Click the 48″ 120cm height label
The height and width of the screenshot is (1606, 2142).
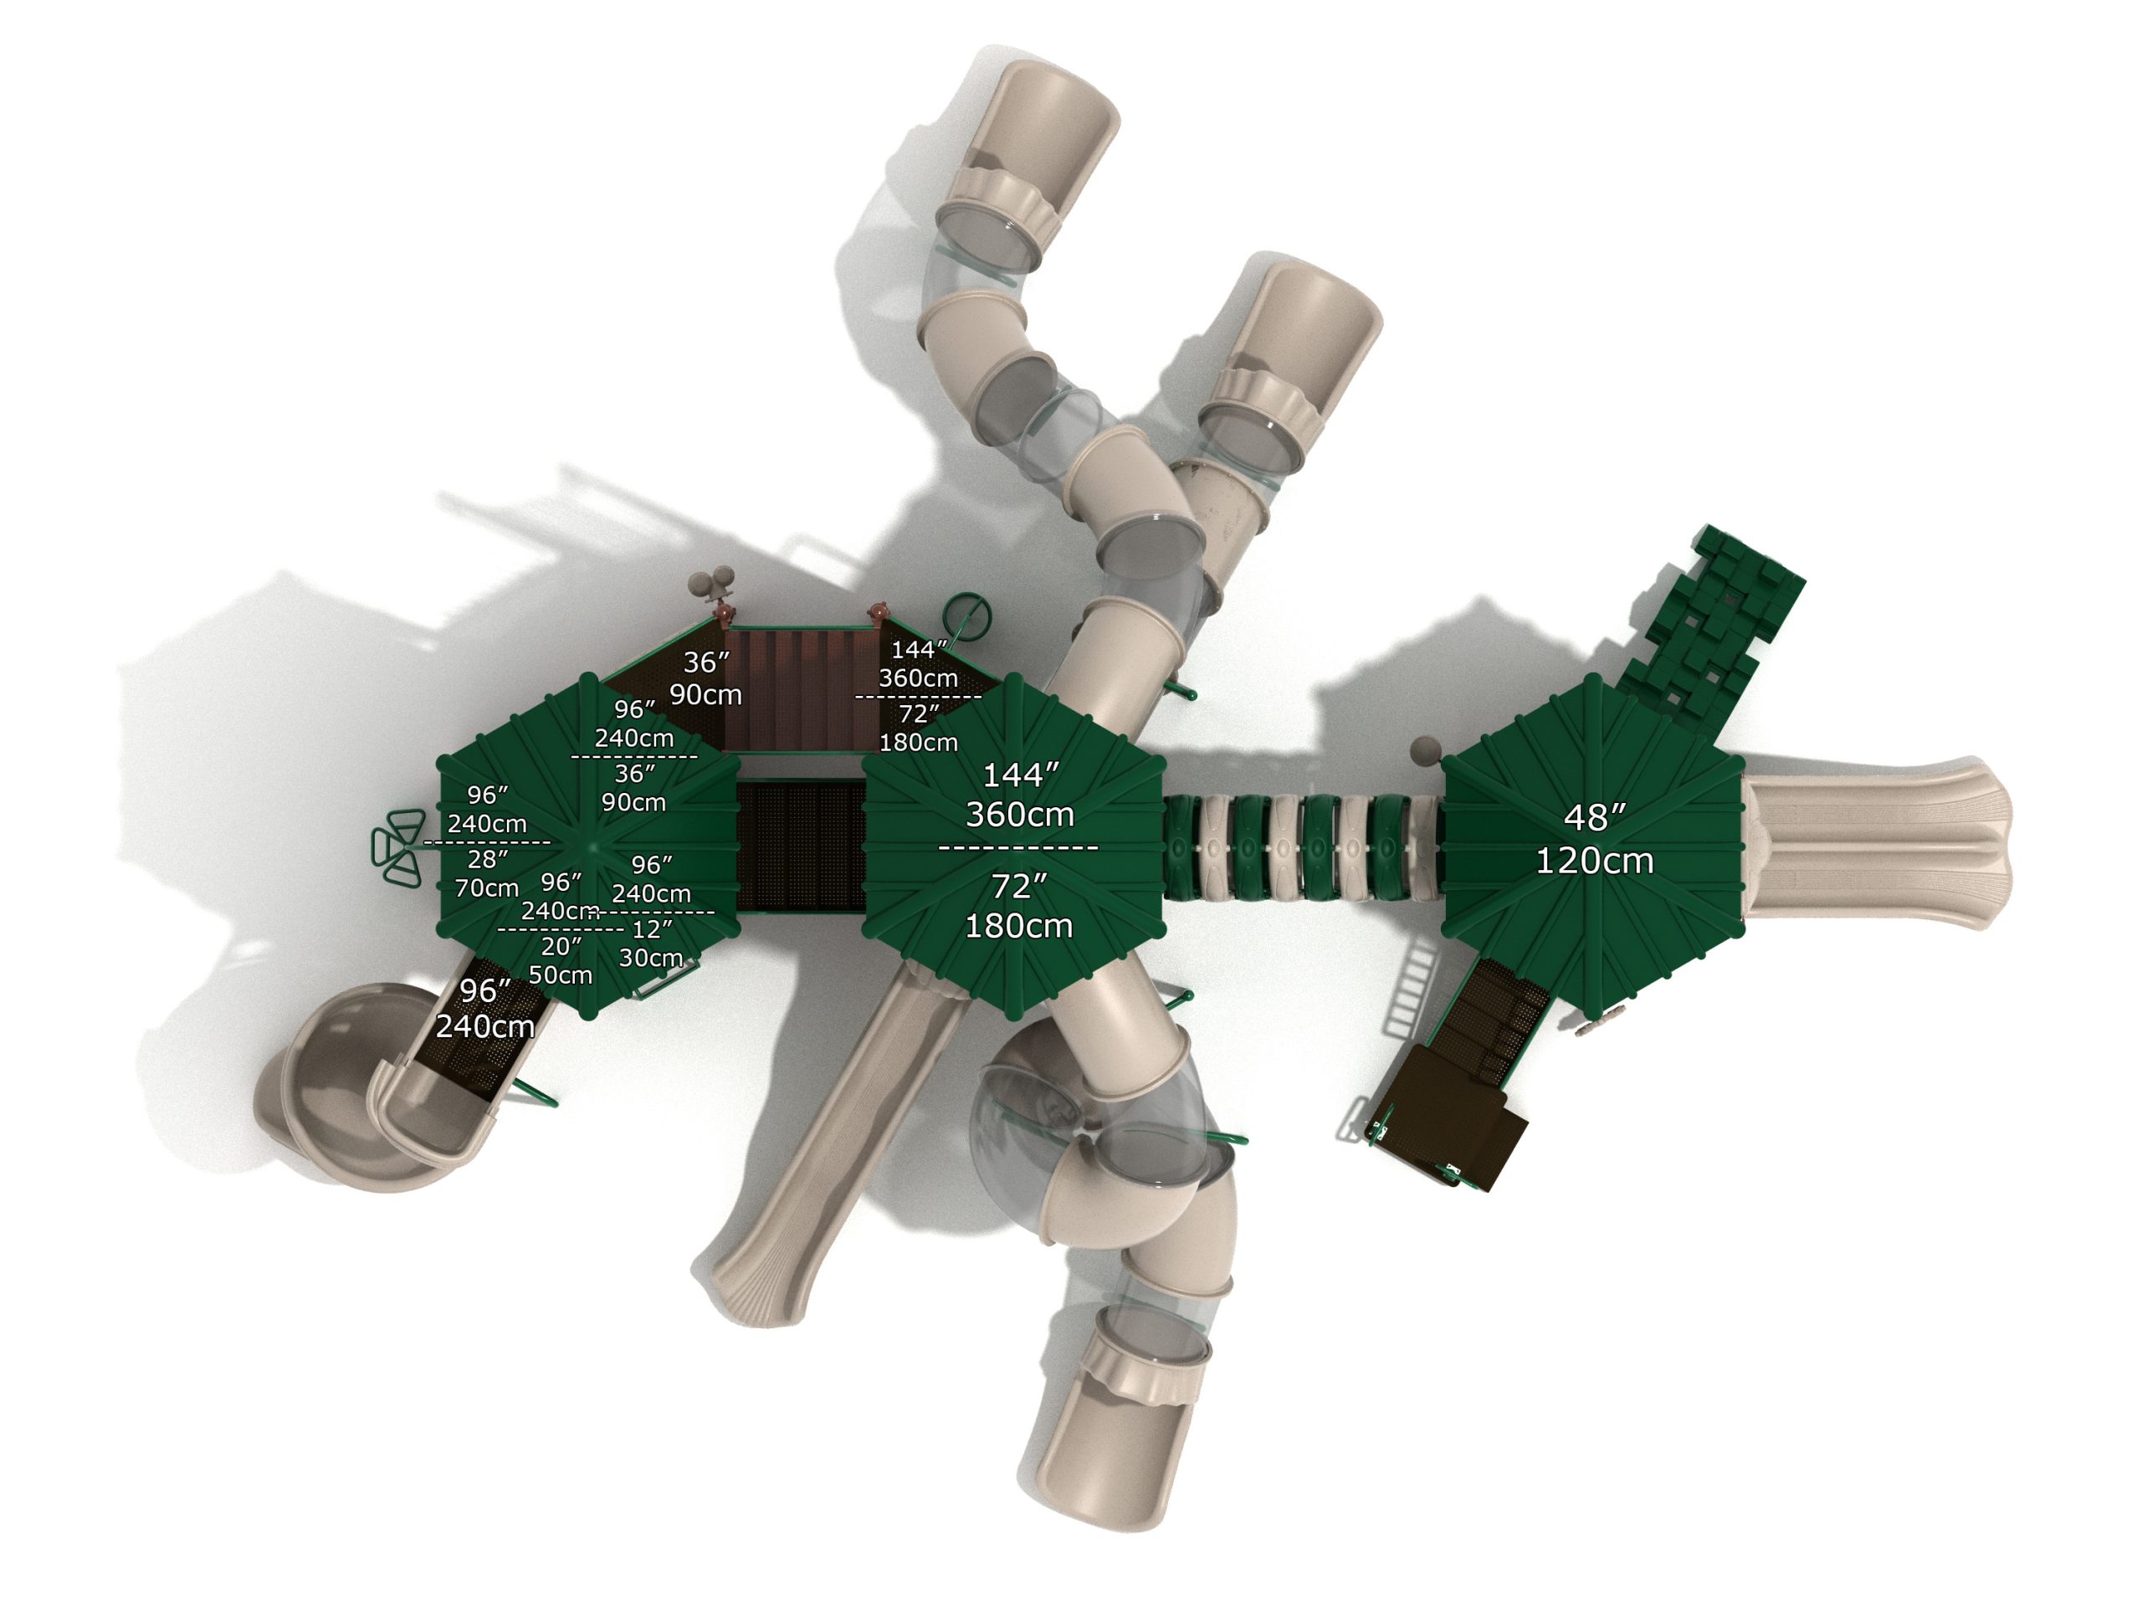(1594, 839)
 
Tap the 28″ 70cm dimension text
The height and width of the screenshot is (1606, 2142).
(486, 873)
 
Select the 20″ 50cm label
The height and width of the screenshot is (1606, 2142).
(561, 960)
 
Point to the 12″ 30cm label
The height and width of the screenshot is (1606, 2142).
(651, 944)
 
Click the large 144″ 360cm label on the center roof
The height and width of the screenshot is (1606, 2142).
(1020, 795)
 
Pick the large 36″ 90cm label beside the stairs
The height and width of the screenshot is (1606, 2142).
(706, 678)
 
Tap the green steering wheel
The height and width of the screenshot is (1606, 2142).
(967, 616)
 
